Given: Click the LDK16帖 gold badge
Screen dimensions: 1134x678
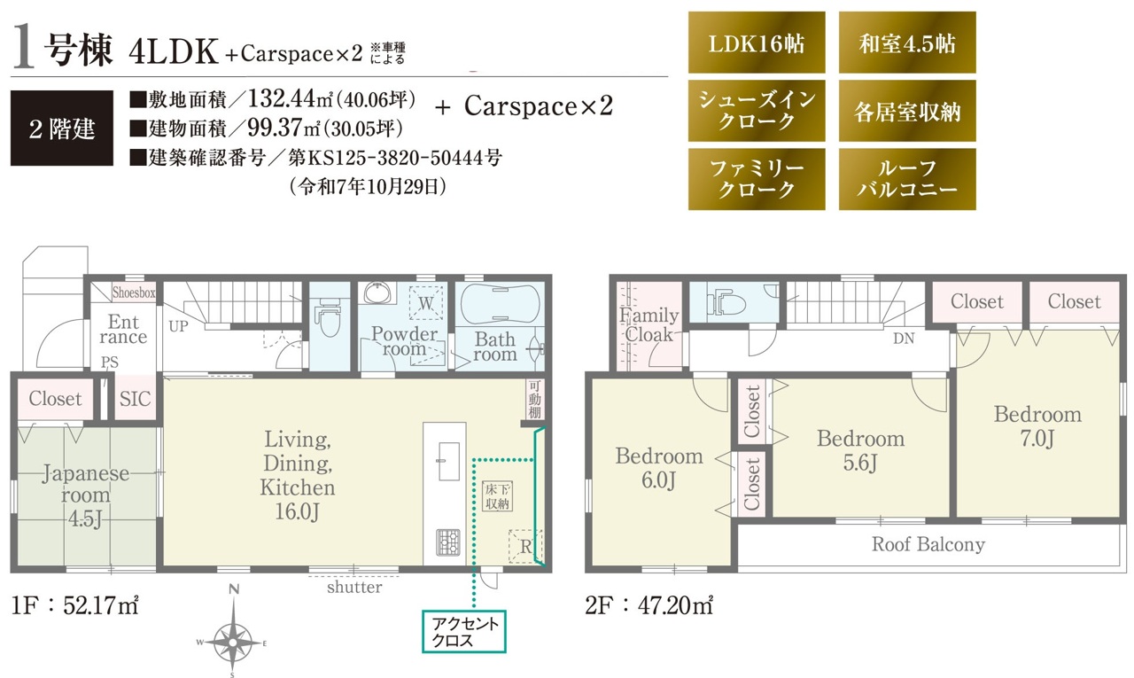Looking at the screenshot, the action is click(x=757, y=43).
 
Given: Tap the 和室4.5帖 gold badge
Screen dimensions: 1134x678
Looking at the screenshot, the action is click(x=907, y=43).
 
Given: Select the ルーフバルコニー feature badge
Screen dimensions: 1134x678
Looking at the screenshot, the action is click(x=907, y=179).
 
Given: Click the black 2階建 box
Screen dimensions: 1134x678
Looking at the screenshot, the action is click(x=62, y=129).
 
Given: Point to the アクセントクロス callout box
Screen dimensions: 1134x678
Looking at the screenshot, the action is click(x=464, y=631).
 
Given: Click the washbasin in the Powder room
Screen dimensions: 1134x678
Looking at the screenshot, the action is click(x=377, y=292).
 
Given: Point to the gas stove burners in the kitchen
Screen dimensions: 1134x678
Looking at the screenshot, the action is click(x=448, y=542).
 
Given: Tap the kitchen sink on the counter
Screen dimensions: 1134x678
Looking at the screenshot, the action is click(x=448, y=461).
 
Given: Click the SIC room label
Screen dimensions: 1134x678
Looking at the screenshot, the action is click(x=136, y=399).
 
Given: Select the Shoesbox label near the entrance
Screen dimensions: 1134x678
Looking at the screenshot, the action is click(x=134, y=292).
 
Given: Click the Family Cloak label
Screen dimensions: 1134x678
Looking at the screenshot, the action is click(x=649, y=324).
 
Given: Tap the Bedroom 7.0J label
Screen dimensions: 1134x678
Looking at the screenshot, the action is click(x=1037, y=426).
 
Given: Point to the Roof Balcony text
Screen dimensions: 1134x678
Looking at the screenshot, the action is click(x=928, y=544).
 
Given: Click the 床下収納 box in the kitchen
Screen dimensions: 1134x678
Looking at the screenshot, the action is click(x=497, y=496).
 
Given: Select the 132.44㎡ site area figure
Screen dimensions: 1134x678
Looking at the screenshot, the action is click(x=290, y=98).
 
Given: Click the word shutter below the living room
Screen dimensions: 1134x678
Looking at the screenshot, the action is click(x=354, y=588).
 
